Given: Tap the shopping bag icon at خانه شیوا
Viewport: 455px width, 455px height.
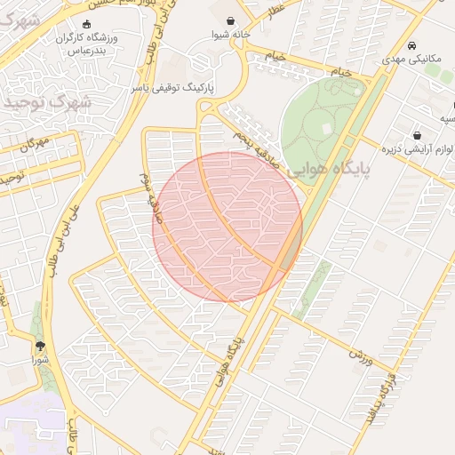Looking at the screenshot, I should (232, 20).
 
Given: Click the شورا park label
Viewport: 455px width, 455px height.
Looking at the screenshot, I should (41, 360).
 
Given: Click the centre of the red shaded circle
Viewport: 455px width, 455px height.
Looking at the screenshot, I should (227, 227).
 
